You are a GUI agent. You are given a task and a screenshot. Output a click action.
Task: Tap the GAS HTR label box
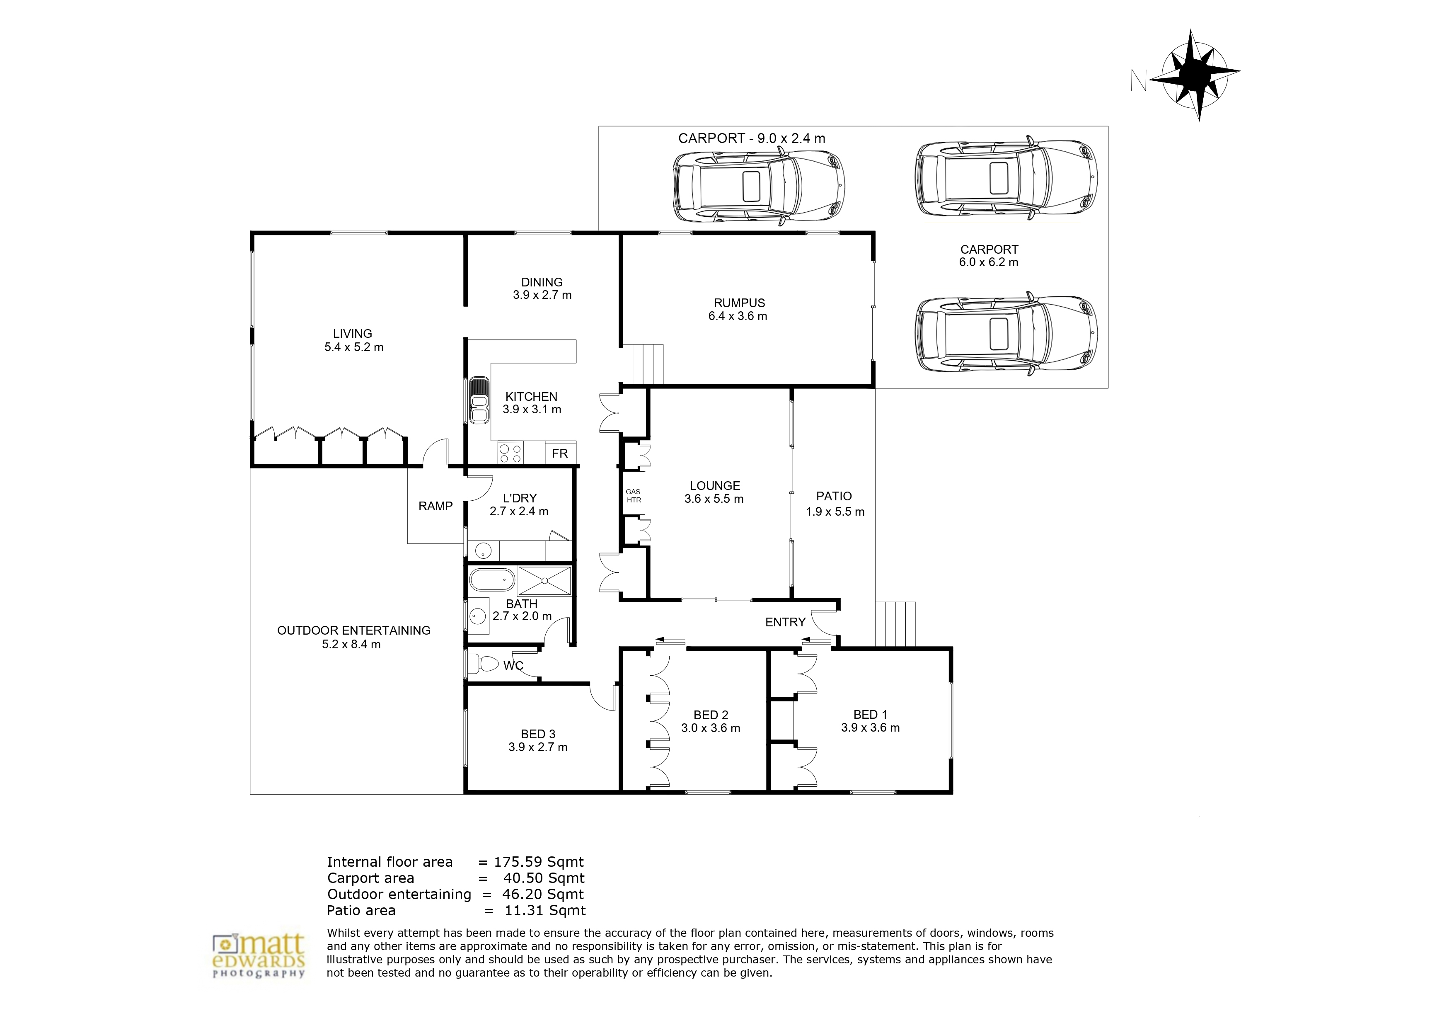point(633,496)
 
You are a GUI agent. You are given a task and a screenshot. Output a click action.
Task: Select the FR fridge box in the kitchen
point(560,453)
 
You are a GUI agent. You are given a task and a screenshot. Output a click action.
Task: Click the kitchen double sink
point(479,400)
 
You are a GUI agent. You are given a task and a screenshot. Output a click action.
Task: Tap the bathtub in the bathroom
point(492,579)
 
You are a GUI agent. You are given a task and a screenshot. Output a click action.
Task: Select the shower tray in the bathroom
point(544,581)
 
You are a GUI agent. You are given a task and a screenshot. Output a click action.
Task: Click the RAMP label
point(435,506)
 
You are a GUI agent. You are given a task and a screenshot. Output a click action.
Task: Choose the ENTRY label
point(785,622)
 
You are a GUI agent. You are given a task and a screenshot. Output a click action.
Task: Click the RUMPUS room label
point(739,303)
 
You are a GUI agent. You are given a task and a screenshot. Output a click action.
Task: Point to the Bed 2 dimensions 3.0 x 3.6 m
point(711,728)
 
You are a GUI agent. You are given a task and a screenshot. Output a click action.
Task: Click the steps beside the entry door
point(895,624)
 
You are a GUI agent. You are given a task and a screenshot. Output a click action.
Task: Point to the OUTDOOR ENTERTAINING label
point(354,630)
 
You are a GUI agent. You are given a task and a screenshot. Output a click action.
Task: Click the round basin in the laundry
point(483,550)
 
